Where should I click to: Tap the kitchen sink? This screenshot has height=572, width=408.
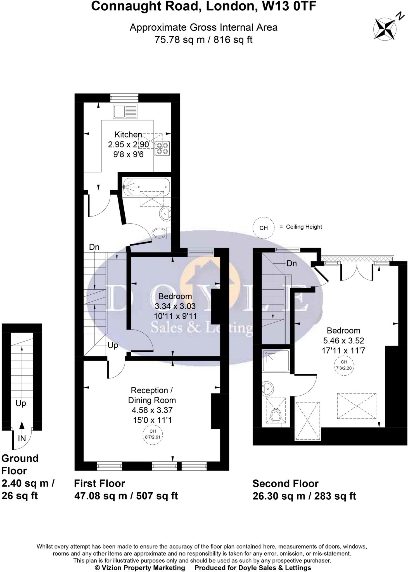point(125,111)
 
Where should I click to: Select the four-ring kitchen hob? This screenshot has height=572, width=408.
point(162,148)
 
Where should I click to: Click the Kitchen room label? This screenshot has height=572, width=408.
point(128,135)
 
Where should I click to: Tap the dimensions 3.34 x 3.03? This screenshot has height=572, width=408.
point(175,306)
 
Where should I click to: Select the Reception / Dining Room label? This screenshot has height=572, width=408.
point(152,395)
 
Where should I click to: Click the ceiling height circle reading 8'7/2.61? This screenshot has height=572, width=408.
point(152,435)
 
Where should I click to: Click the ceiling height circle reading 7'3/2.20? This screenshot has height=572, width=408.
point(344,365)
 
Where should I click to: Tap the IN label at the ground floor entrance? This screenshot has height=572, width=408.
point(22,438)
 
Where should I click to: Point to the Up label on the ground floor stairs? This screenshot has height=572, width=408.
point(21,403)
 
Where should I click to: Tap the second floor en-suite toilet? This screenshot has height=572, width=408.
point(276,416)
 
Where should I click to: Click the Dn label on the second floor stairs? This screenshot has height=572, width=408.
point(291,263)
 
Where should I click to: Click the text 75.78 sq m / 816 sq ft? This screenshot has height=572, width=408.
point(203,40)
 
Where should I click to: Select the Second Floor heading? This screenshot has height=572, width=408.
point(285,483)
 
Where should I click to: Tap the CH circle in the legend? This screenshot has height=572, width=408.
point(264,228)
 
